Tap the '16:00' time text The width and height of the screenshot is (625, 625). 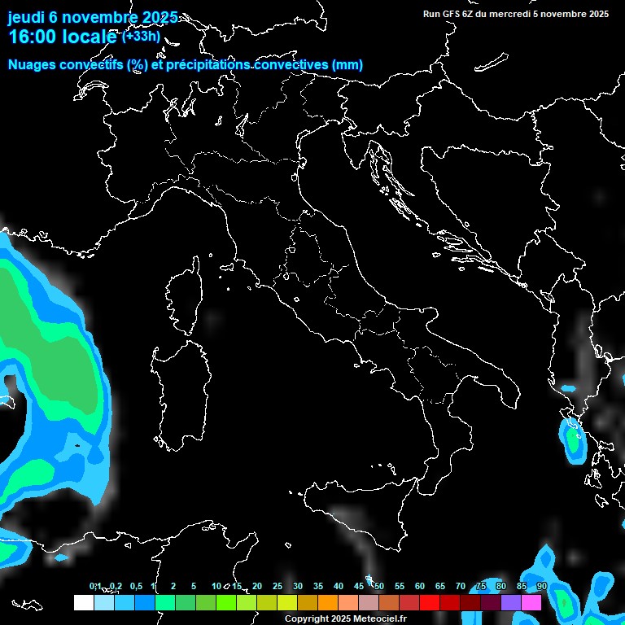[x=36, y=37]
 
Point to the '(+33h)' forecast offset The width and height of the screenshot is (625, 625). [x=141, y=36]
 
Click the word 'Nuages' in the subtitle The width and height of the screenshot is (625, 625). [x=32, y=65]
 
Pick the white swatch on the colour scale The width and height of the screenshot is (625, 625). [x=83, y=603]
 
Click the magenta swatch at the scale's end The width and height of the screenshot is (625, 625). [x=531, y=603]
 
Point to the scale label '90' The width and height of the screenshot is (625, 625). [x=542, y=586]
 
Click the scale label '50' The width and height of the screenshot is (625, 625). [x=378, y=586]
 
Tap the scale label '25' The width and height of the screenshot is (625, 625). [x=278, y=586]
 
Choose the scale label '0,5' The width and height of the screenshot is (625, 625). [x=136, y=586]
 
